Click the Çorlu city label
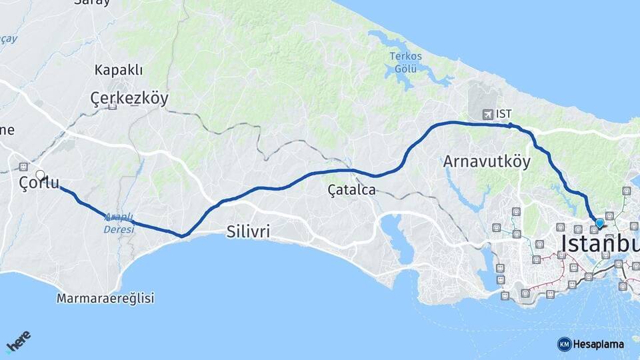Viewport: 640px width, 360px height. pyautogui.click(x=39, y=183)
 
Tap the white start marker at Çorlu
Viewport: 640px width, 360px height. pyautogui.click(x=40, y=175)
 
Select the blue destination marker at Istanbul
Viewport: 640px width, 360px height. pyautogui.click(x=599, y=223)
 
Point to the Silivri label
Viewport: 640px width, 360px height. pyautogui.click(x=248, y=232)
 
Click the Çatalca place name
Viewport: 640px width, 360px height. pyautogui.click(x=351, y=190)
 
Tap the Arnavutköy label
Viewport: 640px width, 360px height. pyautogui.click(x=487, y=161)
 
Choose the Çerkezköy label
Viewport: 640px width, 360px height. pyautogui.click(x=129, y=99)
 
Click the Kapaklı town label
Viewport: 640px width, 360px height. pyautogui.click(x=119, y=70)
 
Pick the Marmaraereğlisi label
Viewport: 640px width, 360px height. pyautogui.click(x=105, y=298)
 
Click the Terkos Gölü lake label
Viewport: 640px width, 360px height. pyautogui.click(x=405, y=62)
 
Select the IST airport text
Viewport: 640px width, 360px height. pyautogui.click(x=504, y=114)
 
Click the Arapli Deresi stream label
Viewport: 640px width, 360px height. pyautogui.click(x=119, y=223)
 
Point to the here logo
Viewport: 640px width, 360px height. pyautogui.click(x=18, y=343)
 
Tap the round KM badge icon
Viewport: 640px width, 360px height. pyautogui.click(x=564, y=344)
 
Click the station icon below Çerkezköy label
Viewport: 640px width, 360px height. pyautogui.click(x=113, y=106)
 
